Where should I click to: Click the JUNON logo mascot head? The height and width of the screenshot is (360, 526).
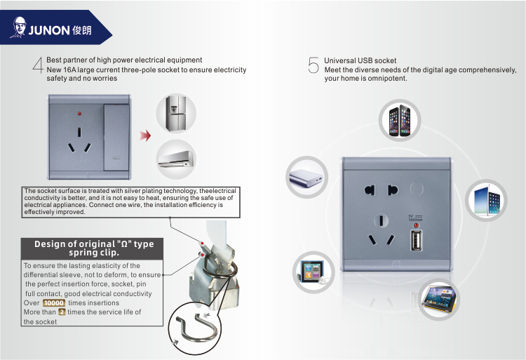[19, 26]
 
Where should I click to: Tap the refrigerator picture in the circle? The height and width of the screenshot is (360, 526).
[177, 114]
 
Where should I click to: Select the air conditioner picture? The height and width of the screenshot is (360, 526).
[176, 159]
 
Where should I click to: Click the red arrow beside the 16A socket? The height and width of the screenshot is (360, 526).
[145, 135]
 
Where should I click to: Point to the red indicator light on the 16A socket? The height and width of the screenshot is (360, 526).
[79, 114]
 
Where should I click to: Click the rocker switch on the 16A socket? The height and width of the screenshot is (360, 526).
[116, 138]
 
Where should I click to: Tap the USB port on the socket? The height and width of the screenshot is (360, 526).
[417, 240]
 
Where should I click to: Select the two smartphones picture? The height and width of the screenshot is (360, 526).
[400, 121]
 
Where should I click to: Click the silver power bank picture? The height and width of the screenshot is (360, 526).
[306, 178]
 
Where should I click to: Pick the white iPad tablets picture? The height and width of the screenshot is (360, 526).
[486, 200]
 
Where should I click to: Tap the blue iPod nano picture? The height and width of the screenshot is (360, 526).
[312, 272]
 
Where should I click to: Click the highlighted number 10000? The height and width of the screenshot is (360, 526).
[54, 303]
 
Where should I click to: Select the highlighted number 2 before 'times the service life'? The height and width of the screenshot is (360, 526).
[62, 312]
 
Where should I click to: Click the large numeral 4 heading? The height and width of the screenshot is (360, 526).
[39, 65]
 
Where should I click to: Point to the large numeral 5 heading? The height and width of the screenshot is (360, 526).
[313, 65]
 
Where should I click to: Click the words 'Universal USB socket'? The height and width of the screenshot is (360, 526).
[360, 61]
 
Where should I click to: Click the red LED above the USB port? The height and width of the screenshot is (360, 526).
[416, 225]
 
